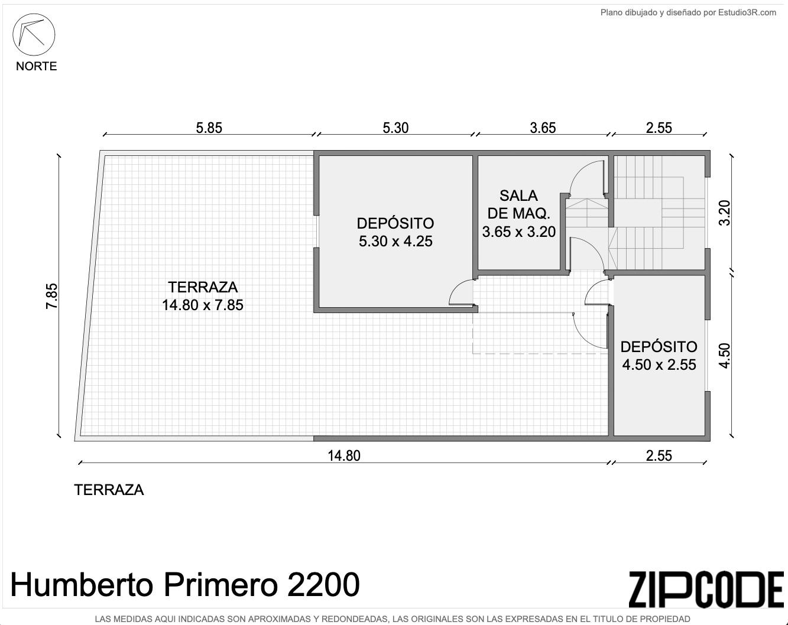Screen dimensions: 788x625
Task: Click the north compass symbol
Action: [x=34, y=34]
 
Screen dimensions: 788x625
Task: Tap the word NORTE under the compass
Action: [x=36, y=66]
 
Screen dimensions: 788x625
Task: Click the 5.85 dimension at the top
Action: [x=209, y=128]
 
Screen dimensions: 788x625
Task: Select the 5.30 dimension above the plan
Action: [x=395, y=128]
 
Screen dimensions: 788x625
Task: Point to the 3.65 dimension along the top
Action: [x=543, y=128]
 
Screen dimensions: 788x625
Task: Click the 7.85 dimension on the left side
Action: [x=51, y=296]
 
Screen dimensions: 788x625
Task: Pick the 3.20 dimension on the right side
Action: [x=724, y=213]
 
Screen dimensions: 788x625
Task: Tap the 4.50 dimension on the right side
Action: [x=724, y=356]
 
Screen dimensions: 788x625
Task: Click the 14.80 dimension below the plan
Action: [x=344, y=455]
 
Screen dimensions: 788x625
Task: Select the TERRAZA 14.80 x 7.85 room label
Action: [x=203, y=296]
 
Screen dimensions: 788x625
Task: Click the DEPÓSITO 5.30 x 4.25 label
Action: [x=395, y=232]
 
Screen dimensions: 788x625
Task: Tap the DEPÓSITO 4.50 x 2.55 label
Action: [x=659, y=355]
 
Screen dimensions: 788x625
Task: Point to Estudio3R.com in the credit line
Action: [x=747, y=12]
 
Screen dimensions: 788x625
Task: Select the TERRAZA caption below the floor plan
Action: [x=109, y=490]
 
